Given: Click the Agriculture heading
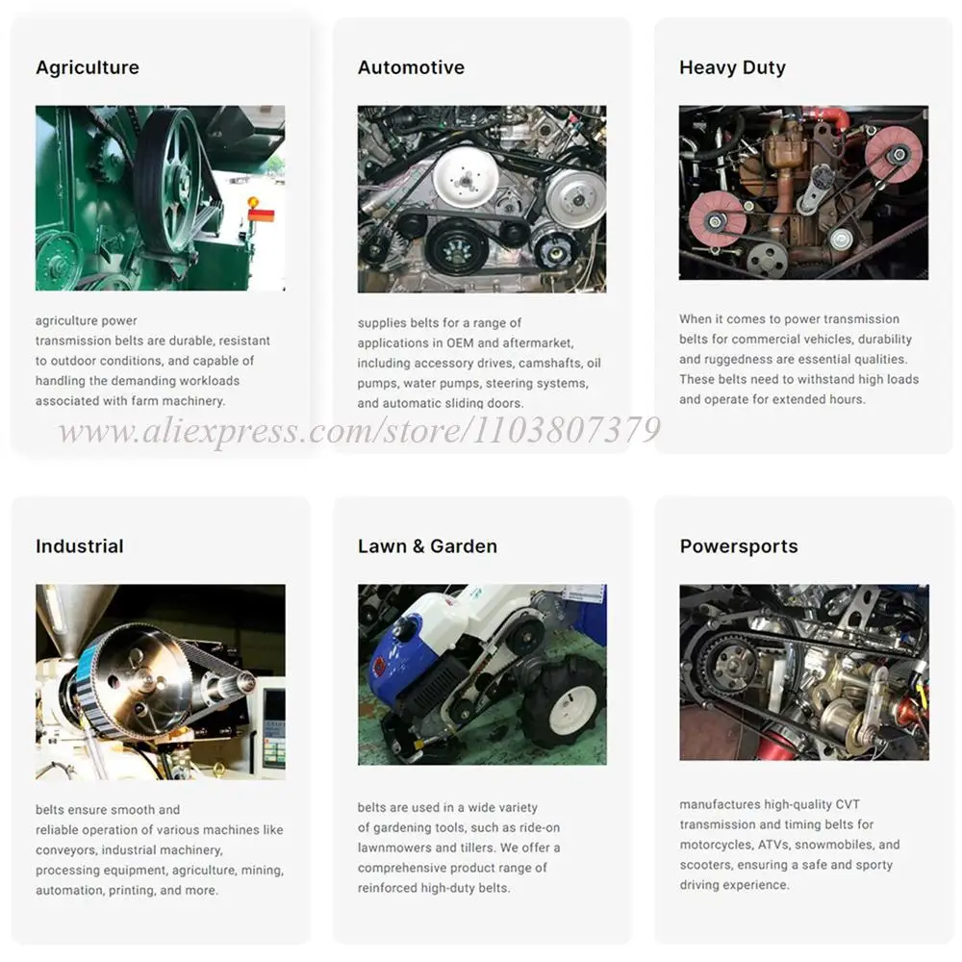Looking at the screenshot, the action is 88,67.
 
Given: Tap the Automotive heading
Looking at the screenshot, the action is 411,67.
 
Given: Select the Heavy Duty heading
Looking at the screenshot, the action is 732,67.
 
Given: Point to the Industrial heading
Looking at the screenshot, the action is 80,546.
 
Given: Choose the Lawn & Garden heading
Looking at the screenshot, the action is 428,546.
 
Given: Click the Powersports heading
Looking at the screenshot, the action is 739,546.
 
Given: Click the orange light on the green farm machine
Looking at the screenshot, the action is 253,202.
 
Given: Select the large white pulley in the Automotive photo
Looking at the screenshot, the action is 466,177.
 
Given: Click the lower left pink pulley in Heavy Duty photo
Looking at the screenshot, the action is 717,219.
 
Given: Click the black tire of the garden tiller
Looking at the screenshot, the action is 566,702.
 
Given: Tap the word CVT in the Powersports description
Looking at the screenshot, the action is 848,804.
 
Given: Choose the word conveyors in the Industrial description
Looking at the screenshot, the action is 65,850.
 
